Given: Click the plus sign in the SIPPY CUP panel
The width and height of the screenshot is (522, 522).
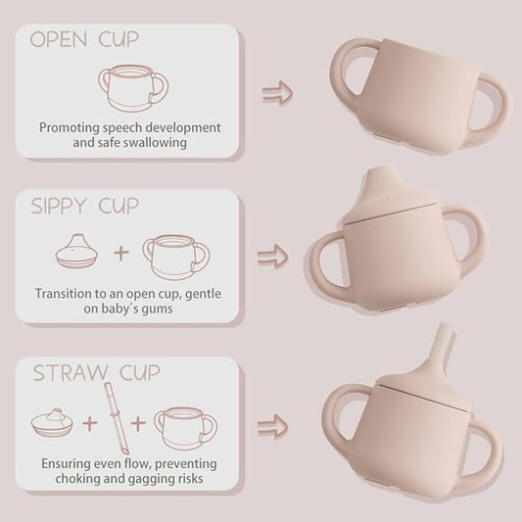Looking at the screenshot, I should click(x=121, y=253).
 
